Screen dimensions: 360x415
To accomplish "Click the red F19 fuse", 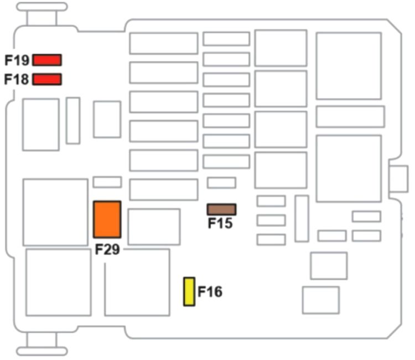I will pyautogui.click(x=47, y=60).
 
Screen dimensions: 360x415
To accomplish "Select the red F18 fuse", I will pyautogui.click(x=47, y=79).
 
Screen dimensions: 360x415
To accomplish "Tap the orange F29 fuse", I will pyautogui.click(x=107, y=219).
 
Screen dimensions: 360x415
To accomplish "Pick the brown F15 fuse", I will pyautogui.click(x=221, y=209).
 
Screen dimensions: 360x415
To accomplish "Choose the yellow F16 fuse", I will pyautogui.click(x=189, y=292).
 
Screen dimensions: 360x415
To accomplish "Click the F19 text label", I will pyautogui.click(x=17, y=60).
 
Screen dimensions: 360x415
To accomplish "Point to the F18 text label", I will pyautogui.click(x=17, y=79).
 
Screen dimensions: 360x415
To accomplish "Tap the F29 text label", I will pyautogui.click(x=107, y=249).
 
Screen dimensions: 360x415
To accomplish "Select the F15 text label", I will pyautogui.click(x=220, y=224).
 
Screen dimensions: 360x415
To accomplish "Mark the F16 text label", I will pyautogui.click(x=210, y=291).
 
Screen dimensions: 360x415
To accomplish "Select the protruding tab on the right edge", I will pyautogui.click(x=398, y=178).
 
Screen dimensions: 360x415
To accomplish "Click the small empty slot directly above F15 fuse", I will pyautogui.click(x=221, y=183).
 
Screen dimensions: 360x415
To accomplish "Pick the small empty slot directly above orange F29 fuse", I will pyautogui.click(x=107, y=182).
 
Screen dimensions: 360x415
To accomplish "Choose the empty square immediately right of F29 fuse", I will pyautogui.click(x=154, y=227).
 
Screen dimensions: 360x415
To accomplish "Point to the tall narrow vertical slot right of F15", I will pyautogui.click(x=302, y=218).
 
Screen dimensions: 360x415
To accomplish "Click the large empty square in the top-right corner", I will pyautogui.click(x=349, y=66).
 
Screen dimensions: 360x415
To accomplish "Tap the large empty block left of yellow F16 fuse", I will pyautogui.click(x=137, y=282).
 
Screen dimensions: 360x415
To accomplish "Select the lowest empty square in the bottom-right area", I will pyautogui.click(x=321, y=300).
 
